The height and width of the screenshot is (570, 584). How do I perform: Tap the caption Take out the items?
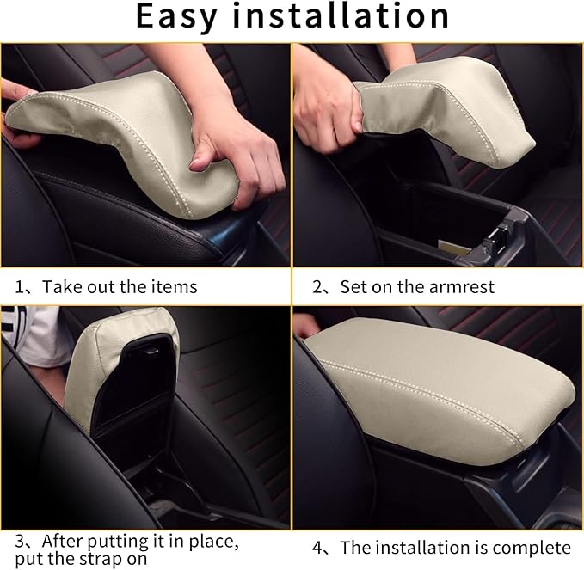[x=120, y=286]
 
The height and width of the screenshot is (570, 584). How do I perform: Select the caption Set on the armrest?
[x=416, y=286]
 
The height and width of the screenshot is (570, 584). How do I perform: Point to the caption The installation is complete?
[x=455, y=548]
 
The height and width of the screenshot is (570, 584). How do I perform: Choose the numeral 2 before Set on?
[x=317, y=286]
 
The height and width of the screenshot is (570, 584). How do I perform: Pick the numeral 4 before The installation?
[x=317, y=548]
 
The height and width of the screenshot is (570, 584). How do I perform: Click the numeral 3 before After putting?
[x=20, y=542]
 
